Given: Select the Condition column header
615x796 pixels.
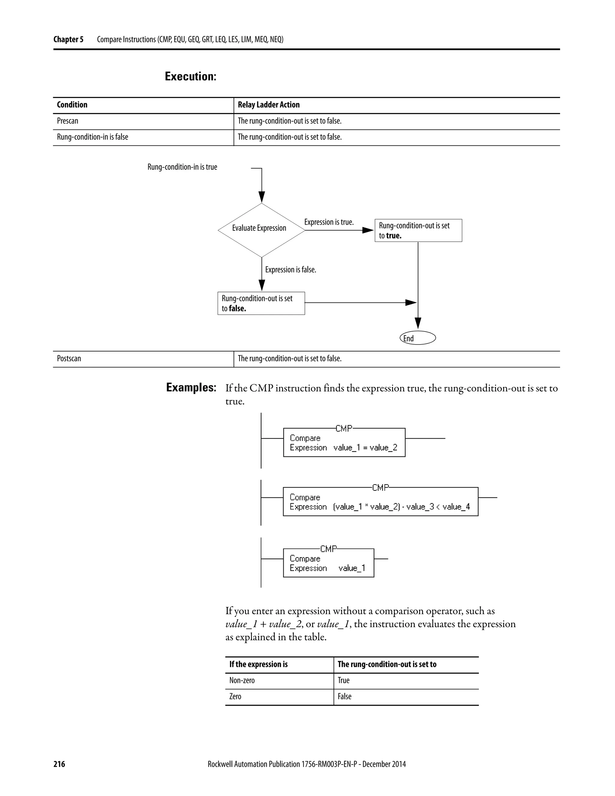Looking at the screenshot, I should pyautogui.click(x=72, y=105).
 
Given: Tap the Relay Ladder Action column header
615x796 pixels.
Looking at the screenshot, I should pyautogui.click(x=268, y=105).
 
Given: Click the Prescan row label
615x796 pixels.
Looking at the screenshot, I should pyautogui.click(x=67, y=121).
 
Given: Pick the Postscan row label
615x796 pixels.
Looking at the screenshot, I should pyautogui.click(x=69, y=359).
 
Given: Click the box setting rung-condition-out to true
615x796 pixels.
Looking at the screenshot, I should pyautogui.click(x=418, y=230).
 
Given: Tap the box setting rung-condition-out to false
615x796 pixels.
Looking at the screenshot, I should pyautogui.click(x=261, y=303).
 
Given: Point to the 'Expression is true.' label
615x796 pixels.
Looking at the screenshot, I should pyautogui.click(x=329, y=222).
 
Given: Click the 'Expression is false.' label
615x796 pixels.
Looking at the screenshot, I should pyautogui.click(x=290, y=270).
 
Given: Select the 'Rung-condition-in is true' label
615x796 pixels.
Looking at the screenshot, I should pyautogui.click(x=182, y=167).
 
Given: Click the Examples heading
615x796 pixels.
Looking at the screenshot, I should pyautogui.click(x=191, y=387).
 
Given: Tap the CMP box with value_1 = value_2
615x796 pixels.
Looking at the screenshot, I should pyautogui.click(x=344, y=442).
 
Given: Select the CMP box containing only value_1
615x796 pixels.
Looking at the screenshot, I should pyautogui.click(x=328, y=563).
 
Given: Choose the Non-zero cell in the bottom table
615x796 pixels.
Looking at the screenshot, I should pyautogui.click(x=242, y=680).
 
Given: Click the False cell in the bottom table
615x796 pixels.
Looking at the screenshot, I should pyautogui.click(x=344, y=697).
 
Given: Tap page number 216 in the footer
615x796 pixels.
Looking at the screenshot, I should pyautogui.click(x=59, y=764).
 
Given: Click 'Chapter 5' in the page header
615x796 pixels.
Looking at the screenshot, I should pyautogui.click(x=68, y=39).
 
